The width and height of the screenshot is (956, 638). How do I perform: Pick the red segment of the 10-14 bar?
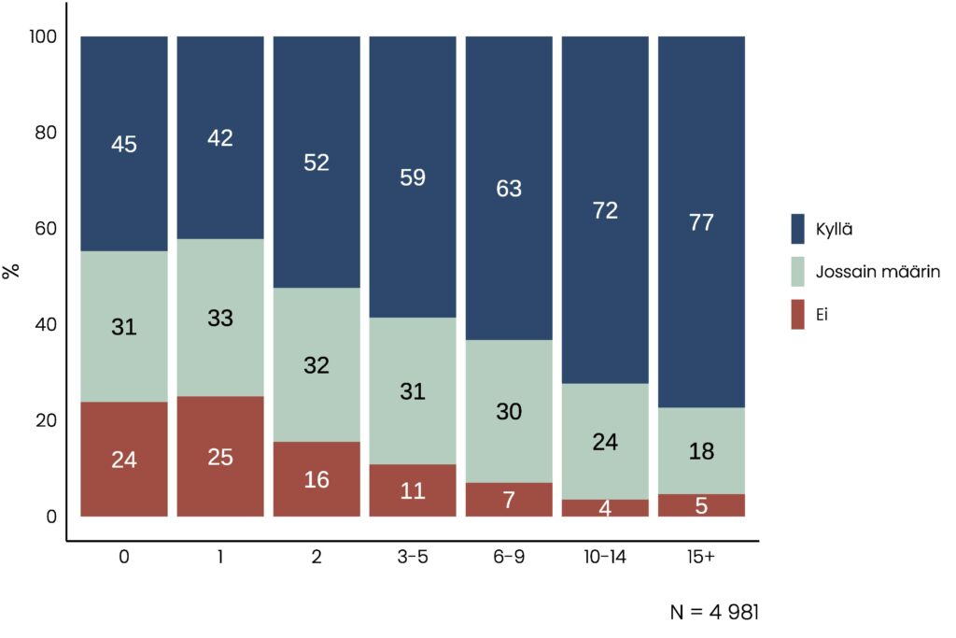[605, 508]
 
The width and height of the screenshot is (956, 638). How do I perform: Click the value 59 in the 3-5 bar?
[412, 177]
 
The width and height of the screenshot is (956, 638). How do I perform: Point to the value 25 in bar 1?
[220, 458]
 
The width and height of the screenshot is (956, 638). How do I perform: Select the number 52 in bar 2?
[316, 163]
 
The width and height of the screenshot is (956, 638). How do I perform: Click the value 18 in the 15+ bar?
[701, 452]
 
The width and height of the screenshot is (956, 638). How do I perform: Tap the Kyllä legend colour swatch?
[797, 228]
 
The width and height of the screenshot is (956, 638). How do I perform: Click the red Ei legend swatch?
[797, 316]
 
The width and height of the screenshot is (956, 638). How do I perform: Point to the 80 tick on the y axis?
[46, 133]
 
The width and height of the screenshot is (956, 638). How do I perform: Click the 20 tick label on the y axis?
[46, 420]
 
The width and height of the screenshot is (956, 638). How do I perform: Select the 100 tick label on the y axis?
[44, 36]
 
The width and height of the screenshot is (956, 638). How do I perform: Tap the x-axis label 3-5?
[412, 557]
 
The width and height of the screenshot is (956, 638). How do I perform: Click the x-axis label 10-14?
[605, 557]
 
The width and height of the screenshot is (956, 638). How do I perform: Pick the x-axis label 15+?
[701, 557]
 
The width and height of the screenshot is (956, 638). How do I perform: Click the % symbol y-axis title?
[11, 272]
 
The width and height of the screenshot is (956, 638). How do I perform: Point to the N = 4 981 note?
[714, 613]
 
